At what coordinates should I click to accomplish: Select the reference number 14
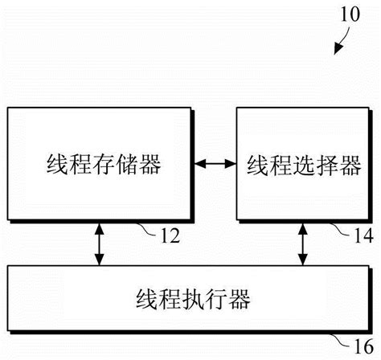363,235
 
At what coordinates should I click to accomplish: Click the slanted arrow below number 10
340,40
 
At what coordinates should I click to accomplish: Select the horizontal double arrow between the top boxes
215,165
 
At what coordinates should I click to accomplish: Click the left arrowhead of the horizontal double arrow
201,165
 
